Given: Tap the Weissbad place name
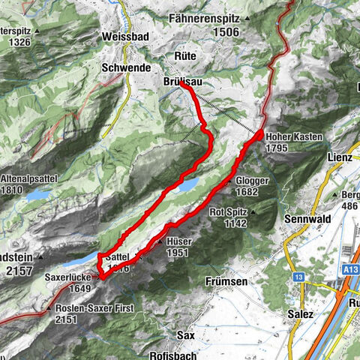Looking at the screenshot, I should coord(127,36).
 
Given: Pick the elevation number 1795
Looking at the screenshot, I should coord(277,148).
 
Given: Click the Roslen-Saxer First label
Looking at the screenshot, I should coord(88,308).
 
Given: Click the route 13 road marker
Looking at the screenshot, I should coord(298,277).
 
